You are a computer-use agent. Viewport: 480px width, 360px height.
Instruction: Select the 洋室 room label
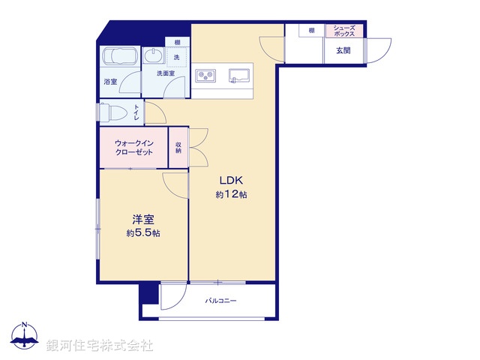click(143, 220)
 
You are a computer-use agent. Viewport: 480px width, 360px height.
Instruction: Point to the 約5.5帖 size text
click(143, 233)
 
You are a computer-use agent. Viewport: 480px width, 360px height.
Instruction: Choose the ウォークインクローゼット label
click(134, 147)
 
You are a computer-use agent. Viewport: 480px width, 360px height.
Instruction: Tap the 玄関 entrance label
click(343, 50)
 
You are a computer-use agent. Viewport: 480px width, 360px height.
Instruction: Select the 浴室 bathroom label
click(109, 81)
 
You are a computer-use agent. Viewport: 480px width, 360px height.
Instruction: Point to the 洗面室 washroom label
click(166, 73)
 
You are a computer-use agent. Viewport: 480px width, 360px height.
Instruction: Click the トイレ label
click(136, 112)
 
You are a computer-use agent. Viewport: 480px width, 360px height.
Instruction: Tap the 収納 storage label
click(178, 147)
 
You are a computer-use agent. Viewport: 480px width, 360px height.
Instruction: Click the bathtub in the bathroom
click(118, 58)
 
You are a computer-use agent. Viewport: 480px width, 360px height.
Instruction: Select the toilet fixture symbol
click(112, 112)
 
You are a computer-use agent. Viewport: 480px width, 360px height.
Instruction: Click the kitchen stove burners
click(205, 75)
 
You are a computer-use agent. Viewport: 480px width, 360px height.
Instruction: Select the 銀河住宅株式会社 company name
click(99, 345)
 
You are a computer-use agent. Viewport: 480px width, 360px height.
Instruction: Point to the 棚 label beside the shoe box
click(310, 30)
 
